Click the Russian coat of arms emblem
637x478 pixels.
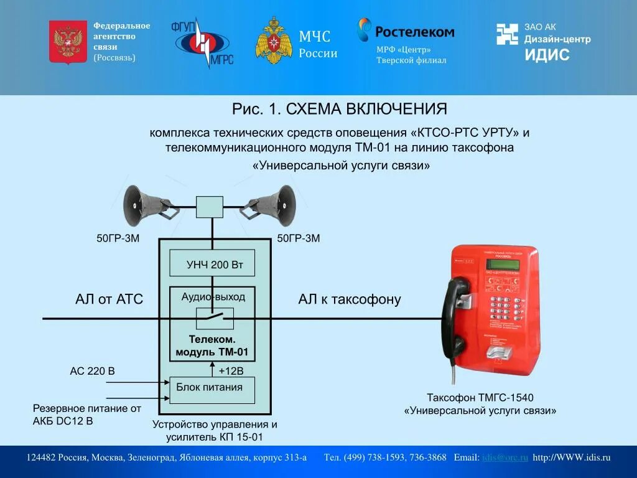[x=68, y=42]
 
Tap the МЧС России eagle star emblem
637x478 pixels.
[x=274, y=41]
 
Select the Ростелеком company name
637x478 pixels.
[x=415, y=31]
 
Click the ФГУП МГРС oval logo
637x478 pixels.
[x=202, y=43]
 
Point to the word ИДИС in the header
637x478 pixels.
[x=547, y=55]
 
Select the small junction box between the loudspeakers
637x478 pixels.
[x=210, y=207]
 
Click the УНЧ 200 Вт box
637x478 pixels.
[x=212, y=265]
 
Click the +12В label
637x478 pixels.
[x=231, y=371]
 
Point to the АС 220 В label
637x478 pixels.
[x=92, y=372]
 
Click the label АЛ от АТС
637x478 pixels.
[x=109, y=299]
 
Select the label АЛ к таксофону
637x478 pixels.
[x=350, y=299]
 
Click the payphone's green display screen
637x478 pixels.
[x=504, y=264]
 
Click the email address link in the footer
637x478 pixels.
[x=505, y=457]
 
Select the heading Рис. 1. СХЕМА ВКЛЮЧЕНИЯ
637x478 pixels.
[x=340, y=110]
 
